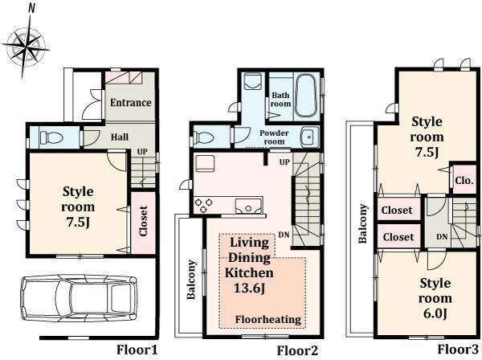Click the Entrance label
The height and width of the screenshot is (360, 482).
point(130,103)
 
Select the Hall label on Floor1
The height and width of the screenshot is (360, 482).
point(119,137)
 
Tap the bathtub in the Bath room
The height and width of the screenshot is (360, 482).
point(306,86)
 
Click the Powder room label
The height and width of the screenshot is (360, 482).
point(274,137)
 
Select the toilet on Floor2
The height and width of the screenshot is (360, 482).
point(205,136)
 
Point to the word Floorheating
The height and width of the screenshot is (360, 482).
point(268,320)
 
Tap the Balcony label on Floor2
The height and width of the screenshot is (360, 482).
point(192,280)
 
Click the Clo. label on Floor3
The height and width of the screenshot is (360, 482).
point(464,181)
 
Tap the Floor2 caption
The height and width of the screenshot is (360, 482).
point(298,350)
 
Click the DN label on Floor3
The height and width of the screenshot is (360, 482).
point(442,237)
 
